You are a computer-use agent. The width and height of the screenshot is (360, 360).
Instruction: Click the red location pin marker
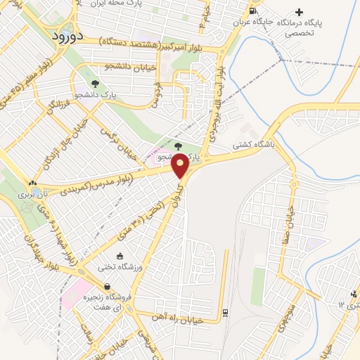click(x=181, y=165)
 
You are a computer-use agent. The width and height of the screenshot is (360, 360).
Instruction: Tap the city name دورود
click(x=68, y=34)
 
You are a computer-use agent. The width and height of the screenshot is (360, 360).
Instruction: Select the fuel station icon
click(x=253, y=11)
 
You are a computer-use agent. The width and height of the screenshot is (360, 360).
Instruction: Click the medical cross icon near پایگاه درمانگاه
click(x=300, y=12)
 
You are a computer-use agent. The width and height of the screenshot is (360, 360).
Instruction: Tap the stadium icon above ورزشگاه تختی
click(x=120, y=255)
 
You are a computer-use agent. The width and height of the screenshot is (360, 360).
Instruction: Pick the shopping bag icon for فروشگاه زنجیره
click(x=107, y=286)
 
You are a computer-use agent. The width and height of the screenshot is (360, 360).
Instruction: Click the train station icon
click(x=225, y=311)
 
